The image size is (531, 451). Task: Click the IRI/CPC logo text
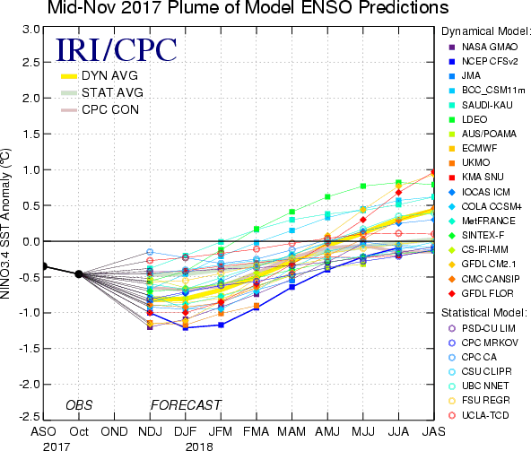coord(117,50)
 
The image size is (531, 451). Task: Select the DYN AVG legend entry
coord(100,75)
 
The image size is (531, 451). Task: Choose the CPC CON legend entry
coord(100,109)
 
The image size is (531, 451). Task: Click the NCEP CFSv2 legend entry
coord(483,61)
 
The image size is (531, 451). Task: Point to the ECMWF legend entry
coord(473,148)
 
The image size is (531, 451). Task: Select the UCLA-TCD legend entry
coord(478,415)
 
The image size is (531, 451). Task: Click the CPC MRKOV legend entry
coord(483,343)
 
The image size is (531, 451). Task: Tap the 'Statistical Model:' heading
coord(484,313)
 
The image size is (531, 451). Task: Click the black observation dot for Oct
coord(79,274)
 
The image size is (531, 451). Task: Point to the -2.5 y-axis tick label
coord(30,416)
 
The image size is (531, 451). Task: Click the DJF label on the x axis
coord(186,431)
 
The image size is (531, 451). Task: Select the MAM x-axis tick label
coord(292,431)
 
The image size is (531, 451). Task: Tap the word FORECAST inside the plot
coord(186,405)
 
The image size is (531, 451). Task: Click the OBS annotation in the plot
coord(79,405)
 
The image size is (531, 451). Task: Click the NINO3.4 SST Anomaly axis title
coord(5,223)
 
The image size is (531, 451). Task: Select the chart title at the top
coord(248,8)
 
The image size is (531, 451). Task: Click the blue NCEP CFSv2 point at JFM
coord(221,325)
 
